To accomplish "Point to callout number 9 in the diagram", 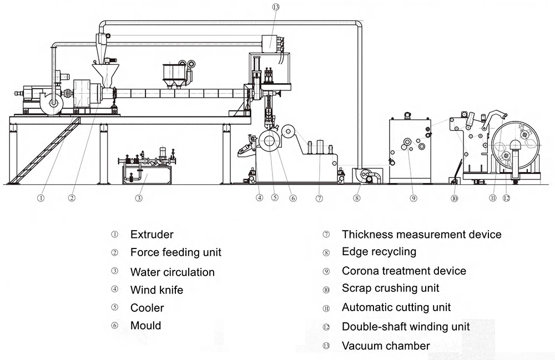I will point(413,197).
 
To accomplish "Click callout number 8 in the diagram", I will point(357,197).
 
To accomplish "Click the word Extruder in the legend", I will point(152,235).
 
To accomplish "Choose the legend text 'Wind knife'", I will point(157,290).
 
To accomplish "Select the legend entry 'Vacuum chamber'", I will point(386,346).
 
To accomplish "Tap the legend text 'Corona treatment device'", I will point(403,271).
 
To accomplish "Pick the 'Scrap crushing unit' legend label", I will point(390,288).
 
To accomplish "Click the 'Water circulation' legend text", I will point(172,272).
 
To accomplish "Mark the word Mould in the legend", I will point(145,326).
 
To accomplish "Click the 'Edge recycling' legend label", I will point(379,252).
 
